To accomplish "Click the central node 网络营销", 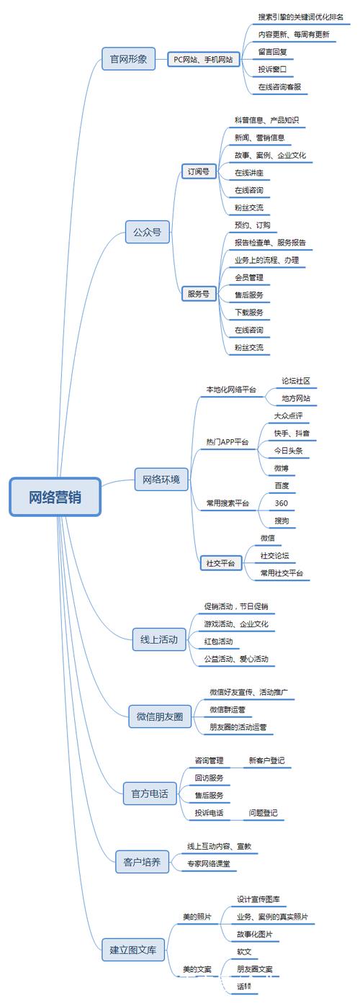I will [55, 497].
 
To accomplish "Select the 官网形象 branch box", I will [128, 59].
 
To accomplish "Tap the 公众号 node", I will [147, 232].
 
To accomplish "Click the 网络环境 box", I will [161, 479].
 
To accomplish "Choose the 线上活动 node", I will [159, 639].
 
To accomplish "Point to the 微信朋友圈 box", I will [159, 716].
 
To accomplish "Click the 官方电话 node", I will [149, 793].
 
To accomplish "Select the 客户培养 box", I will [142, 860].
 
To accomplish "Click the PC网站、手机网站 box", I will [203, 60].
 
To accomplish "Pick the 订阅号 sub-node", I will [199, 171].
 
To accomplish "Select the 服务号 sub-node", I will [199, 294].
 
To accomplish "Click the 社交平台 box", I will [220, 564].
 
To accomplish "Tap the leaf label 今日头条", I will [288, 451].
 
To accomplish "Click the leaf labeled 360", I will [281, 503].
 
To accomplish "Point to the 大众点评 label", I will [288, 415].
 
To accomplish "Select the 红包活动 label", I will [218, 641].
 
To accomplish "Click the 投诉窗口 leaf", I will [273, 70].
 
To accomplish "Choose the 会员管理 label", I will [249, 277].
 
